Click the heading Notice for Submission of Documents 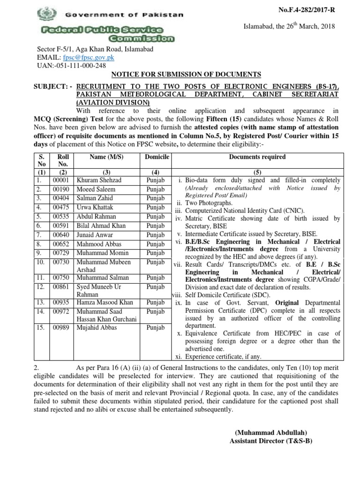(186, 75)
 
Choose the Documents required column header (257, 157)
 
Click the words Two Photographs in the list (209, 203)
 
